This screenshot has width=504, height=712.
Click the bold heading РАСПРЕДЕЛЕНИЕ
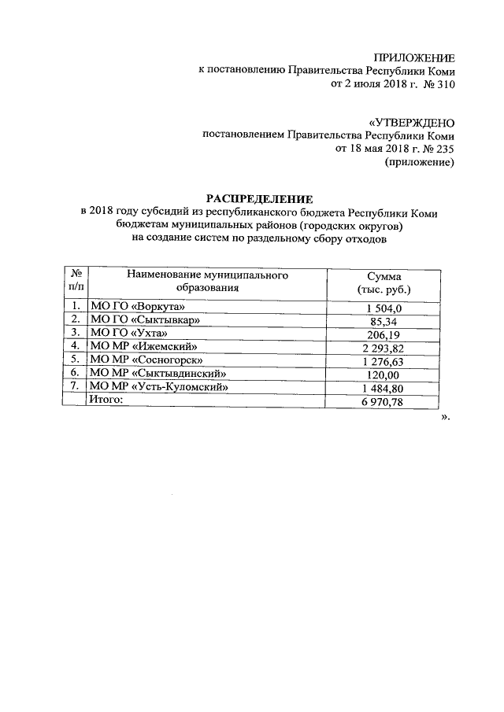259,199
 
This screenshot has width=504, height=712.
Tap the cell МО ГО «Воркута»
138,307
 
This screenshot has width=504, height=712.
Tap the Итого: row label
107,400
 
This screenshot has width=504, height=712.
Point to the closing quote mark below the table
445,417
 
